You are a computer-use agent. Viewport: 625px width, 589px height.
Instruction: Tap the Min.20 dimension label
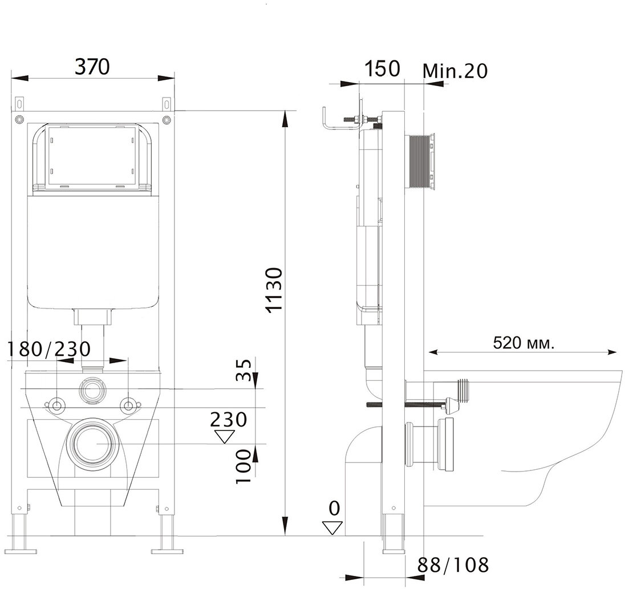[456, 71]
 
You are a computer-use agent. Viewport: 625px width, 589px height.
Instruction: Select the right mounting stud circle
[130, 405]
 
